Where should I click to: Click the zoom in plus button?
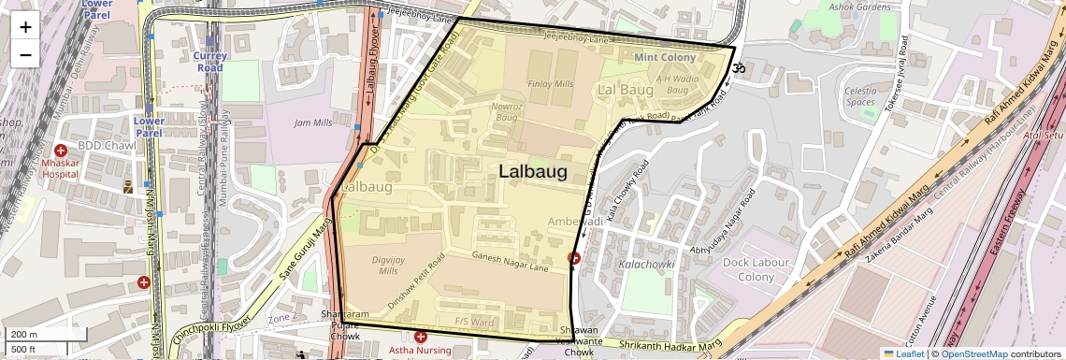point(25,26)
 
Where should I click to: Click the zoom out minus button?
point(25,54)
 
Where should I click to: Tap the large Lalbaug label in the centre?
point(533,171)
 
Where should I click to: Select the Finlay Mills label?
point(551,83)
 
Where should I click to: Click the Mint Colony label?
point(665,58)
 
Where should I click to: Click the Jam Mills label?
point(313,122)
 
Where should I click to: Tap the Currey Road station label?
point(209,62)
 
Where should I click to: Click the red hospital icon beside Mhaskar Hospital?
point(61,151)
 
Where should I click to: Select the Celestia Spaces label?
point(860,96)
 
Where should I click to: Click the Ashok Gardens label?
point(860,7)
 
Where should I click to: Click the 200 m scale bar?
point(34,335)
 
